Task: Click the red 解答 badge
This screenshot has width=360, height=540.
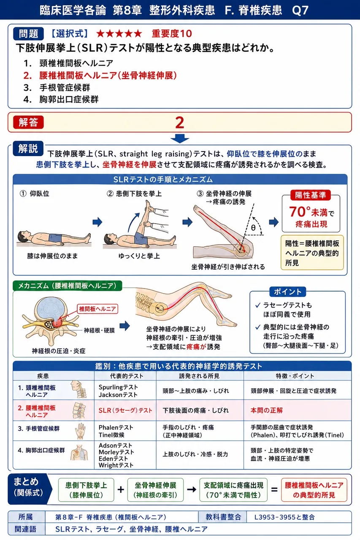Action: coord(28,122)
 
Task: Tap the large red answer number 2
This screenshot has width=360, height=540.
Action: coord(180,123)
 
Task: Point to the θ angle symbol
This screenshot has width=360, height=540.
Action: coord(253,227)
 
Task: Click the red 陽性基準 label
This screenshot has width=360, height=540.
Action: coord(310,195)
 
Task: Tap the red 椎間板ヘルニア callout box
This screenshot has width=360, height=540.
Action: coord(97,309)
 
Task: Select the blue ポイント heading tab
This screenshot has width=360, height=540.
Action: coord(288,292)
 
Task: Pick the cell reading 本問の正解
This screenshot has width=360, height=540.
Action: coord(297,410)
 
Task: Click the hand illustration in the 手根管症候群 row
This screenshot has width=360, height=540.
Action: coord(80,431)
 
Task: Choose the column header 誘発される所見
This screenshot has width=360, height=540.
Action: coord(199,376)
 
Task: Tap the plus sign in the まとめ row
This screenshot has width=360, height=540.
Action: coord(121,489)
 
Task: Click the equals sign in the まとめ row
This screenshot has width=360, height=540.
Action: coord(274,490)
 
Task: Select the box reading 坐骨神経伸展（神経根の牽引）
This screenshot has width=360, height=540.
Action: coord(155,490)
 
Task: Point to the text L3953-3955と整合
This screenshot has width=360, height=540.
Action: coord(284,517)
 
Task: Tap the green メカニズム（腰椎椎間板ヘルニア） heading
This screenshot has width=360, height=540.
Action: coord(68,286)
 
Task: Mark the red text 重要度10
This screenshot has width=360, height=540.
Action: coord(172,33)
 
